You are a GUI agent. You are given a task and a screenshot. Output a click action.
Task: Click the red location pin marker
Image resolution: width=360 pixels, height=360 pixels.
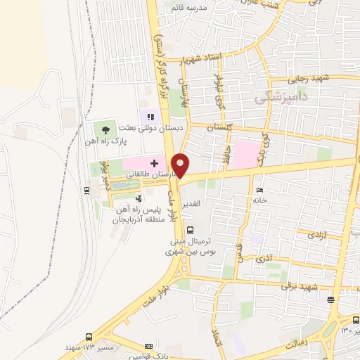[x=181, y=165]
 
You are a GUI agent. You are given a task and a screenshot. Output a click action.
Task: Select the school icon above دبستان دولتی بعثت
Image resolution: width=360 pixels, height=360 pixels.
[x=150, y=117]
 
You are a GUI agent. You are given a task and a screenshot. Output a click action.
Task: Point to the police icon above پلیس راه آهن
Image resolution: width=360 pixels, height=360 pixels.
[x=139, y=199]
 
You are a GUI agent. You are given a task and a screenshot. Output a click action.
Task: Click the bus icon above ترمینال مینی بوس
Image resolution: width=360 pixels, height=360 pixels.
[x=190, y=229]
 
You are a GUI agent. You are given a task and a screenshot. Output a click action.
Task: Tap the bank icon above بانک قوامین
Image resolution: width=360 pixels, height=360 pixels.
[x=148, y=346]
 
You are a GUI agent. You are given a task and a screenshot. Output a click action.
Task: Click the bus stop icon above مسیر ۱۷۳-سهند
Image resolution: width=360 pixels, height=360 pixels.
[x=88, y=337]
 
